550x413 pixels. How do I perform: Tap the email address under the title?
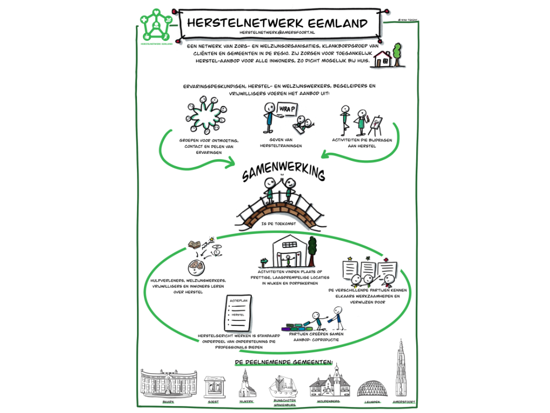[x=277, y=33]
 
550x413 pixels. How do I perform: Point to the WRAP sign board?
[x=287, y=110]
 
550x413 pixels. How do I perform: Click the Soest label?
[x=214, y=401]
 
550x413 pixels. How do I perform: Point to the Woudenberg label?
[x=329, y=402]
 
